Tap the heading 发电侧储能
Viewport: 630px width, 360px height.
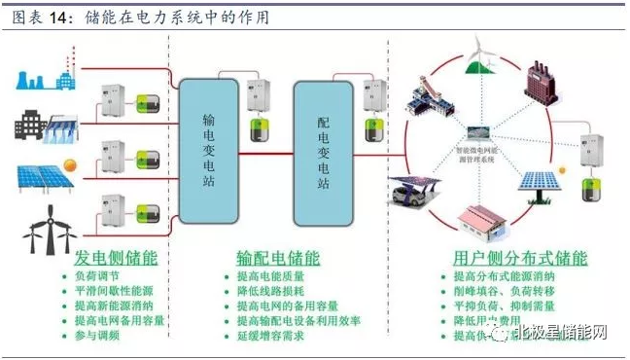(x=116, y=259)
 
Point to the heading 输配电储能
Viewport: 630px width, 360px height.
(x=277, y=259)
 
